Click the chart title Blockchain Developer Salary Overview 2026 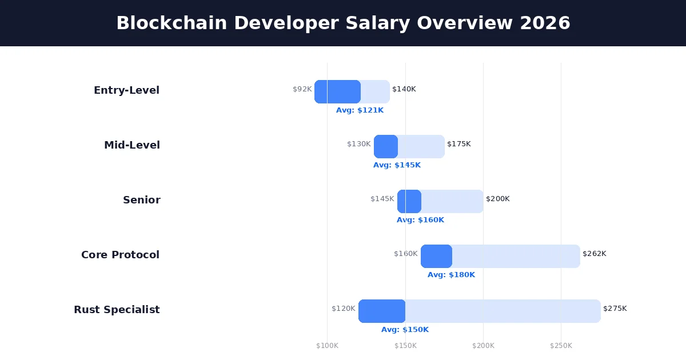(x=343, y=23)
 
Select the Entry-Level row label (x=126, y=90)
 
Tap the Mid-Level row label (x=131, y=145)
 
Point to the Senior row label (x=141, y=200)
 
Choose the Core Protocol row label (x=120, y=255)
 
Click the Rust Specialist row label (x=117, y=310)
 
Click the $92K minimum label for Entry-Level (x=302, y=89)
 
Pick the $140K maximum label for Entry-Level (x=404, y=89)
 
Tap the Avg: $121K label (x=360, y=110)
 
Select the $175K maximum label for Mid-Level (x=459, y=144)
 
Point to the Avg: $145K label (x=397, y=165)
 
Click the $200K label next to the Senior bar (x=498, y=199)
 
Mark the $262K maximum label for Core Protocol (x=595, y=254)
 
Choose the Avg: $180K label (x=451, y=275)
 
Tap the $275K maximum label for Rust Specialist (x=615, y=309)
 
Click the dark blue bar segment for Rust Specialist (x=382, y=311)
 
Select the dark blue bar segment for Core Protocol (x=436, y=256)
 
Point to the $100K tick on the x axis (x=327, y=346)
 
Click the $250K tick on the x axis (x=561, y=346)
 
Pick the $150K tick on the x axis (x=405, y=346)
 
